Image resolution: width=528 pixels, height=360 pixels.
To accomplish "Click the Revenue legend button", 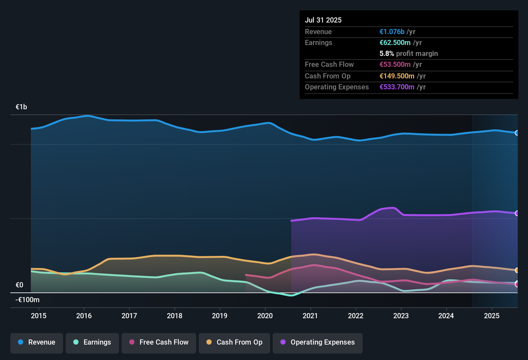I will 37,342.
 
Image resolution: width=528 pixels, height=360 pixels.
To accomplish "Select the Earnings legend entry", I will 92,342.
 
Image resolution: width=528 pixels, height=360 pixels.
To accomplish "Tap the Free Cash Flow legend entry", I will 159,342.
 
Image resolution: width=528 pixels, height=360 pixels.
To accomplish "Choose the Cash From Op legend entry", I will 234,342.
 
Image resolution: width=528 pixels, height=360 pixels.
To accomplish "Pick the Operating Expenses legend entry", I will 318,342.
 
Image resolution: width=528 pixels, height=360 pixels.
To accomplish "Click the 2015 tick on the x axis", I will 39,316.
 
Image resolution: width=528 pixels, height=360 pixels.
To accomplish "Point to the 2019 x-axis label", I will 220,316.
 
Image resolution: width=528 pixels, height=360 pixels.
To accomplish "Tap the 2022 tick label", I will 356,316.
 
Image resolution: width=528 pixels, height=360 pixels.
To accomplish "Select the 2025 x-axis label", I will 492,316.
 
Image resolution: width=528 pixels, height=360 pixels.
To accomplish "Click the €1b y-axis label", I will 22,107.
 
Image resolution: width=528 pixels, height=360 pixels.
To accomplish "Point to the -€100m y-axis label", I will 28,300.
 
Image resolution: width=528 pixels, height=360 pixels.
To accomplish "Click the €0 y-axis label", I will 19,285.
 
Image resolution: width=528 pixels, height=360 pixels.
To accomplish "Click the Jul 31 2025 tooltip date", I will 323,20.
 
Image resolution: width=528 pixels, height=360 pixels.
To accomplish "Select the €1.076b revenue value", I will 392,32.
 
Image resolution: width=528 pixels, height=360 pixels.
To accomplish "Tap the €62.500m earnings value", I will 395,42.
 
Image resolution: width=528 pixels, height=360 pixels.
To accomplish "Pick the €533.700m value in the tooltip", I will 397,87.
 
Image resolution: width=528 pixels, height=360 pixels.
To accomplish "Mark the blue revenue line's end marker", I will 517,133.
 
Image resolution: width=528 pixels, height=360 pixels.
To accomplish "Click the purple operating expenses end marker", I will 517,213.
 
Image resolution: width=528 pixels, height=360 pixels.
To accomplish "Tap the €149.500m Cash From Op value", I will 397,76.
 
